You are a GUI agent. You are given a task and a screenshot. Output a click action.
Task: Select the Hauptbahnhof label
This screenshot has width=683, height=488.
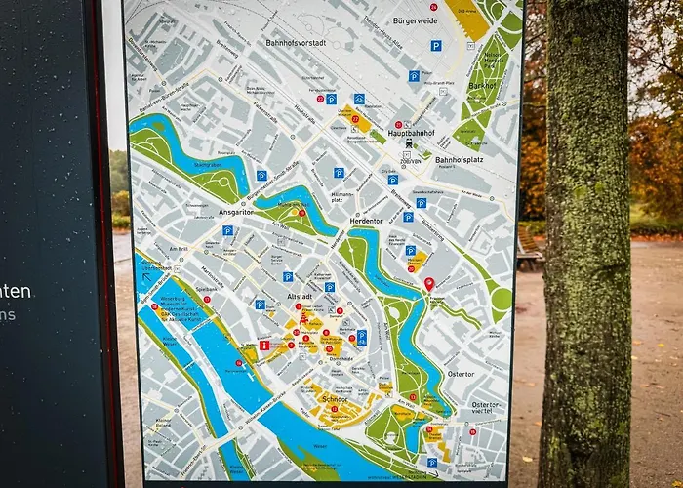pos(410,132)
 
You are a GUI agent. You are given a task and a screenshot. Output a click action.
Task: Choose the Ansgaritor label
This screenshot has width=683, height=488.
pos(236,211)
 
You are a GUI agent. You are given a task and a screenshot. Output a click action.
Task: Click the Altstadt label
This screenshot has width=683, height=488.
pos(301,295)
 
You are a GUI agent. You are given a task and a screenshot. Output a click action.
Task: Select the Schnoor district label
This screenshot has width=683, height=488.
pos(334,397)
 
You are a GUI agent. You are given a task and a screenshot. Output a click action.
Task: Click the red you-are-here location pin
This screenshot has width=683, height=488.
pos(428,285)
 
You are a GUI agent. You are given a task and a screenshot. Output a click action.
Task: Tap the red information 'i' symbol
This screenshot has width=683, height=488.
pos(263,345)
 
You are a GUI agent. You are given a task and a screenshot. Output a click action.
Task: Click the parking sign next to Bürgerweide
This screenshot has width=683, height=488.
pos(435,45)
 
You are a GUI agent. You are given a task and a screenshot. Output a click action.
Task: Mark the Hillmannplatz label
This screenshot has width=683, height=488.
pos(342,197)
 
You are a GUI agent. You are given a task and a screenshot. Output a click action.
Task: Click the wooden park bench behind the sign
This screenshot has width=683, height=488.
pos(529,252)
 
